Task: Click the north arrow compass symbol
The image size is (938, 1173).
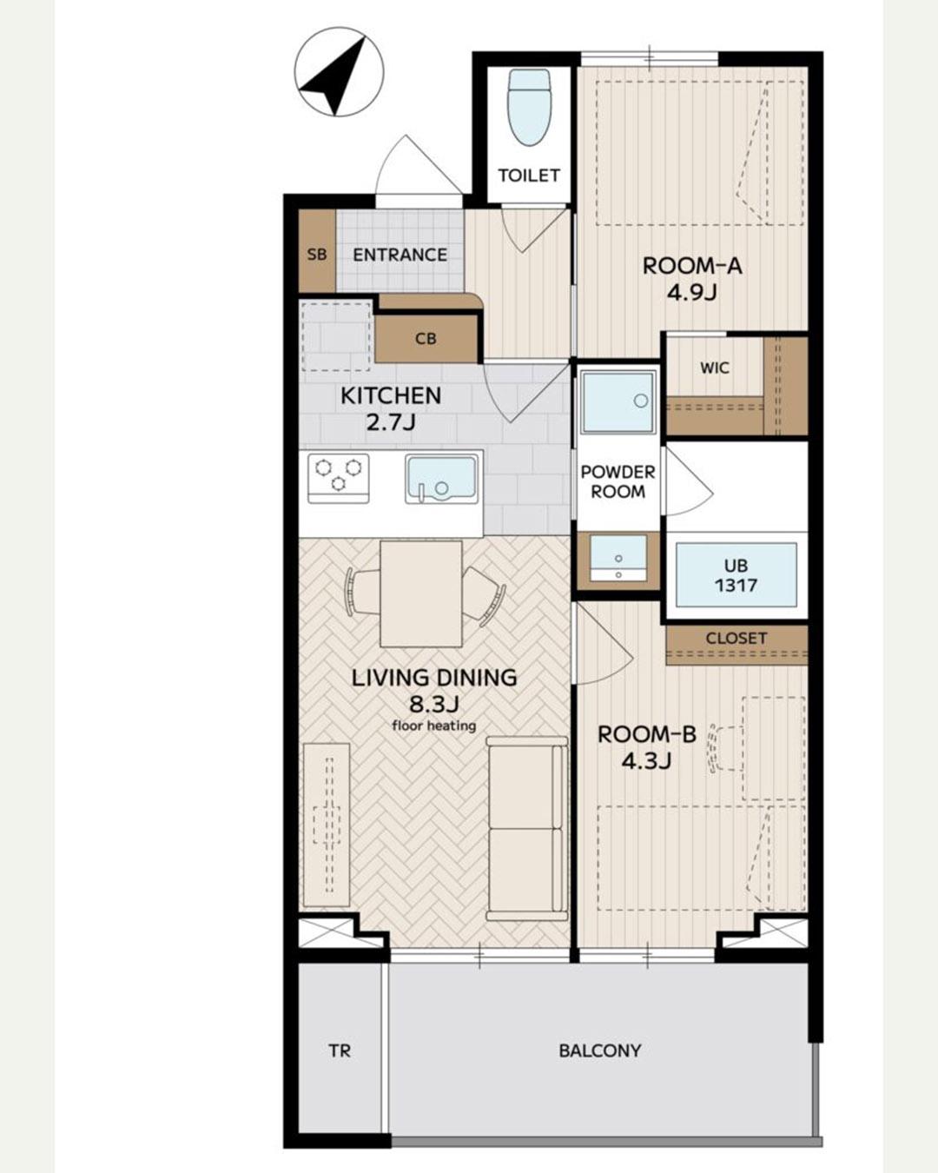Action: pyautogui.click(x=339, y=72)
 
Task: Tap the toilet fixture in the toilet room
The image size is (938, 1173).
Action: pyautogui.click(x=528, y=107)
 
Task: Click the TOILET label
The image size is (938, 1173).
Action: pyautogui.click(x=529, y=176)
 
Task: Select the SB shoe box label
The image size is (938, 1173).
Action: pyautogui.click(x=317, y=255)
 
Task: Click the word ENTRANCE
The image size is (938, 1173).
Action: pyautogui.click(x=400, y=255)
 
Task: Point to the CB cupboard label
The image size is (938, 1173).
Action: pyautogui.click(x=426, y=339)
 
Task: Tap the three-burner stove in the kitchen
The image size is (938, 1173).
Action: pyautogui.click(x=339, y=478)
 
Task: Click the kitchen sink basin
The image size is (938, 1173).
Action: pyautogui.click(x=441, y=479)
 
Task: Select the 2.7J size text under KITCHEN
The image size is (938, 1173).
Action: pyautogui.click(x=390, y=422)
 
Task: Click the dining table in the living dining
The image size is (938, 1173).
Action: pyautogui.click(x=420, y=593)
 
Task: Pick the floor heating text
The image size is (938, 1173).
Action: pyautogui.click(x=434, y=726)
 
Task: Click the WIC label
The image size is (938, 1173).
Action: pyautogui.click(x=714, y=368)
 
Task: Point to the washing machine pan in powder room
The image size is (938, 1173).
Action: pyautogui.click(x=618, y=402)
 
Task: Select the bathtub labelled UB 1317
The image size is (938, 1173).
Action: pyautogui.click(x=737, y=574)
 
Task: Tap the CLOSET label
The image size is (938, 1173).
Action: pyautogui.click(x=737, y=639)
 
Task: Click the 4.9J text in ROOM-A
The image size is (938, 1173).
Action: pyautogui.click(x=691, y=294)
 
